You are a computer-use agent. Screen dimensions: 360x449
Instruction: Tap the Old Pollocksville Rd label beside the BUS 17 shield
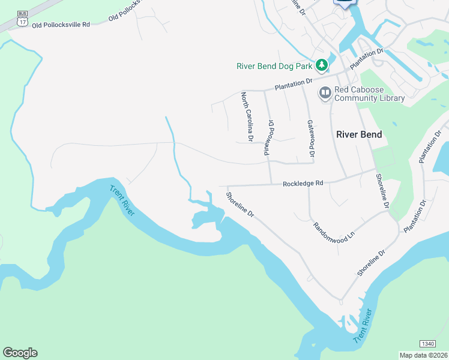pyautogui.click(x=61, y=25)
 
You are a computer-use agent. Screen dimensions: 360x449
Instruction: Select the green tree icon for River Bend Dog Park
pyautogui.click(x=322, y=64)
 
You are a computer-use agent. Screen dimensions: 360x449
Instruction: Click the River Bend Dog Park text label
pyautogui.click(x=275, y=65)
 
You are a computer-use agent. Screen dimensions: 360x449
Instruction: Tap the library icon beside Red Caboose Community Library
pyautogui.click(x=325, y=92)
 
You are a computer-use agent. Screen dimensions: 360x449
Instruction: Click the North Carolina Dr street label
pyautogui.click(x=247, y=117)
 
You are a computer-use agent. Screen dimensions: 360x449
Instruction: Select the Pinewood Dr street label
pyautogui.click(x=268, y=138)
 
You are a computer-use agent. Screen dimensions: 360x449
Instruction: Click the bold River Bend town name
pyautogui.click(x=359, y=134)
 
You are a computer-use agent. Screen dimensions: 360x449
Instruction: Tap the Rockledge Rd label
pyautogui.click(x=303, y=183)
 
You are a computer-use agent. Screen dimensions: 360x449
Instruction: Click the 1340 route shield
pyautogui.click(x=427, y=344)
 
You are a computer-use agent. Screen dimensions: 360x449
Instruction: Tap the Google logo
pyautogui.click(x=20, y=353)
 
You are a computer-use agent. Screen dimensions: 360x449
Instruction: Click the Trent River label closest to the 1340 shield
pyautogui.click(x=363, y=327)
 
